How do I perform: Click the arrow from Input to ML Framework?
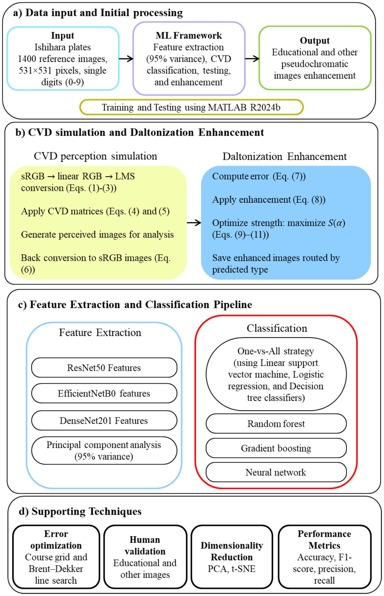pos(126,59)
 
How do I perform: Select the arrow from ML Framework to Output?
pos(252,59)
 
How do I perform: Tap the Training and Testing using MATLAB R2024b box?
pos(191,107)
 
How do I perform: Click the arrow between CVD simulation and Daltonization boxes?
pos(194,222)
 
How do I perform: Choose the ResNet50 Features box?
pos(104,368)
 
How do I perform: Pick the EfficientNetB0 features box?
pos(104,393)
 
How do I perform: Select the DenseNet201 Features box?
pos(104,420)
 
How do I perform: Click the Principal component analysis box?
pos(104,450)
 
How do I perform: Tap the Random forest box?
pos(276,424)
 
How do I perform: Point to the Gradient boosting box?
pos(276,448)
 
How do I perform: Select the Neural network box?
pos(276,472)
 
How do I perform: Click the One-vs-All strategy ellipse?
pos(276,374)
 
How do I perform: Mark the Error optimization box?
pos(56,557)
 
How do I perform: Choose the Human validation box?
pos(145,557)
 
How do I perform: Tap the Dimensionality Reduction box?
pos(232,557)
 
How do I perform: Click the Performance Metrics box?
pos(324,557)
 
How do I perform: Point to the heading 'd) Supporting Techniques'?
pos(80,511)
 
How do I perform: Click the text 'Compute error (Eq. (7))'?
pos(259,176)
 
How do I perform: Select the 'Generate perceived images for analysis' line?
pos(97,234)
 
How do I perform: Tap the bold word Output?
pos(315,41)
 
